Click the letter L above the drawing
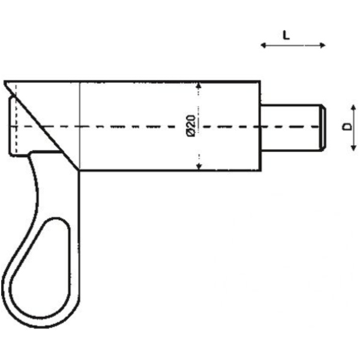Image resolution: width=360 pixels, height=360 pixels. (x=286, y=35)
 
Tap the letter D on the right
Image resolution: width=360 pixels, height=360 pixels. (x=347, y=127)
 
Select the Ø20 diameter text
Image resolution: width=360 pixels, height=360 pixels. (x=190, y=126)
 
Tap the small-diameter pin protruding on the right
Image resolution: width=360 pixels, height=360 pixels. (x=291, y=127)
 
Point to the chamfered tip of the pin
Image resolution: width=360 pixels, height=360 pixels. (x=323, y=127)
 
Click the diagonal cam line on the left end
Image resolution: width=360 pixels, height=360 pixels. (x=45, y=126)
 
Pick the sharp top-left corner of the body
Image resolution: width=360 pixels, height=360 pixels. (x=5, y=82)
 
